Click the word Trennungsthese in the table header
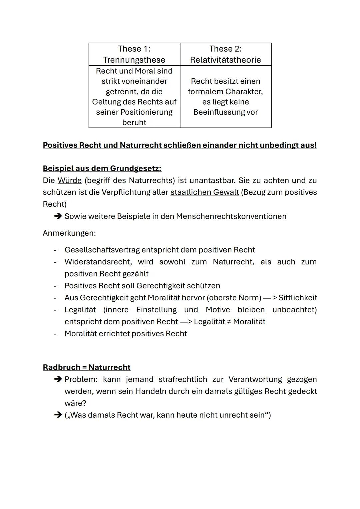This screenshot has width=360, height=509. pyautogui.click(x=134, y=60)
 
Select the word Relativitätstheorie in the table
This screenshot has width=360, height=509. pyautogui.click(x=225, y=60)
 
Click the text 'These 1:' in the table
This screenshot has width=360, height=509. pyautogui.click(x=134, y=49)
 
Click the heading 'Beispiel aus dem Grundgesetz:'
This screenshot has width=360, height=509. pyautogui.click(x=102, y=168)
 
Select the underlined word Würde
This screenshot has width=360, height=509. pyautogui.click(x=69, y=180)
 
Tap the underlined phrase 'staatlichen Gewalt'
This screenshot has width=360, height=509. pyautogui.click(x=204, y=192)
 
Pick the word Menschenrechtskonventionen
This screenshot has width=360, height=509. pyautogui.click(x=231, y=216)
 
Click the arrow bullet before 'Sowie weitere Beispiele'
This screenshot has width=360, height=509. pyautogui.click(x=58, y=216)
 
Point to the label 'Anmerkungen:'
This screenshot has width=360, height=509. pyautogui.click(x=69, y=233)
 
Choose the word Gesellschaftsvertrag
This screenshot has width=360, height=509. pyautogui.click(x=102, y=250)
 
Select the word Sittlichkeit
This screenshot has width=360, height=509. pyautogui.click(x=297, y=298)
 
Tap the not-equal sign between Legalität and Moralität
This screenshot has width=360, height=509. pyautogui.click(x=229, y=322)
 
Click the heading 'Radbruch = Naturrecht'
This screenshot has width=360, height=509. pyautogui.click(x=86, y=367)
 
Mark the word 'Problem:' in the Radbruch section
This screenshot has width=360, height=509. pyautogui.click(x=81, y=379)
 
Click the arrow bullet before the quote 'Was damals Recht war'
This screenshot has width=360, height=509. pyautogui.click(x=58, y=415)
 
